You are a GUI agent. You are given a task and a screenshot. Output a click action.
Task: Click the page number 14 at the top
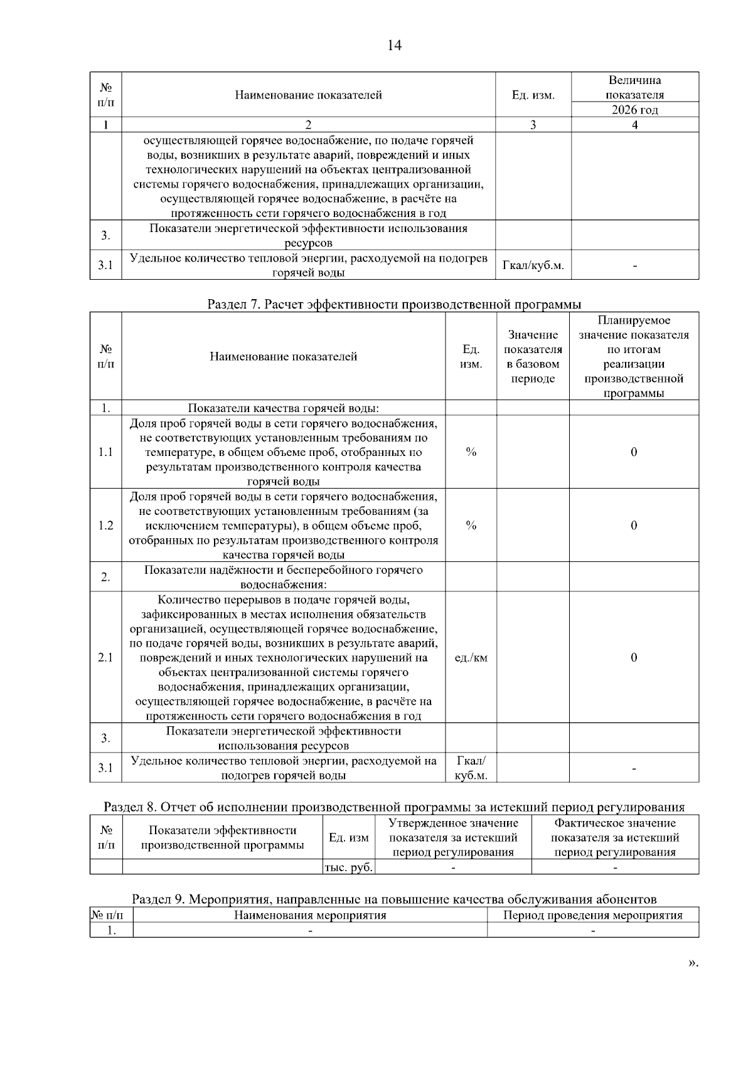(394, 45)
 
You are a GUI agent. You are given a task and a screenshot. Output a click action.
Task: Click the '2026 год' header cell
(634, 110)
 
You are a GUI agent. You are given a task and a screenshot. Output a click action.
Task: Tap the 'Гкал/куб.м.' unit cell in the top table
(533, 265)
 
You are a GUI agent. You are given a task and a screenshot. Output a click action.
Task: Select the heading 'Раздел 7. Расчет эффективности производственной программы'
(394, 304)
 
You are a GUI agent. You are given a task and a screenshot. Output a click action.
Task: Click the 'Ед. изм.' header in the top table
(533, 95)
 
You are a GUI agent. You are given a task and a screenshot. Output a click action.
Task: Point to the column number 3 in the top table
(533, 125)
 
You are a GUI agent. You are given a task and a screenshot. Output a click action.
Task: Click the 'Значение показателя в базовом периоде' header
(533, 356)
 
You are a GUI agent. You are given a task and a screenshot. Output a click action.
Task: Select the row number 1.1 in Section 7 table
(105, 452)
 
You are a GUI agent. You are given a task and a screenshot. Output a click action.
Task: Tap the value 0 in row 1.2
(634, 526)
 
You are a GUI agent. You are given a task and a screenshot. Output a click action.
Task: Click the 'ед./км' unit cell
(471, 657)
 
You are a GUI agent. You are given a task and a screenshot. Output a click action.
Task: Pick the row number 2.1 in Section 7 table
(105, 657)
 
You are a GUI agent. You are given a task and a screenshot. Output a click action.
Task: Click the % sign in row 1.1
(471, 452)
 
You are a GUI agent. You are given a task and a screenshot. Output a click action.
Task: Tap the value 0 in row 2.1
(634, 657)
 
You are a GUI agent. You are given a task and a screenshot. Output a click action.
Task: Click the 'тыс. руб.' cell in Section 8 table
(349, 867)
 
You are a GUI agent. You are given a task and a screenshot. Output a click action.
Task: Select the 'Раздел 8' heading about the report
(394, 807)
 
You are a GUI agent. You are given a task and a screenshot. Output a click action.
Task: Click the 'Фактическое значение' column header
(615, 837)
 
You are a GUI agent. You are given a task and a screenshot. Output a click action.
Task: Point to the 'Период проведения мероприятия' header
(593, 915)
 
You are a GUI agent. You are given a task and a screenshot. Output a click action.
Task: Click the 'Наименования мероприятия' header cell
(310, 915)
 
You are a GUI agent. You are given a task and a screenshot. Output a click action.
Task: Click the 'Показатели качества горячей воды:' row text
(283, 408)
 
